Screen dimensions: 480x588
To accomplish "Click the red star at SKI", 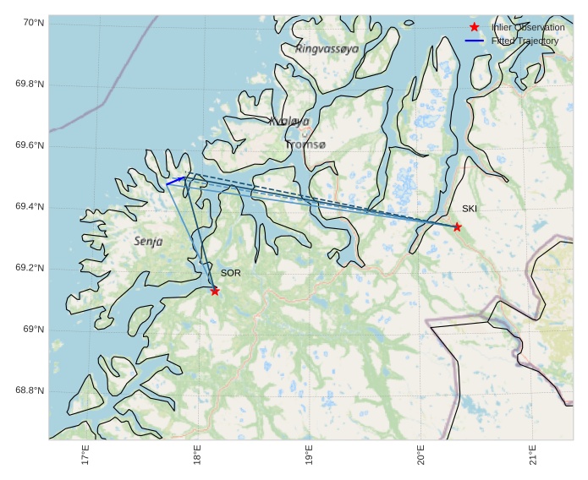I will click(x=457, y=226).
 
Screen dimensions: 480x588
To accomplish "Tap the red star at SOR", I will click(x=215, y=291).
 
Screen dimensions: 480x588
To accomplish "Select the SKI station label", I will click(x=470, y=209).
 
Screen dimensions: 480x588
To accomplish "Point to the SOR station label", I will click(x=230, y=273).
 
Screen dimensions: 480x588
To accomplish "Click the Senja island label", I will click(x=148, y=241).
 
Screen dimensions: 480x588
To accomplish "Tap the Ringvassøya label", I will click(x=327, y=49).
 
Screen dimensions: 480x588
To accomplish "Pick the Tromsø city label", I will click(x=305, y=145).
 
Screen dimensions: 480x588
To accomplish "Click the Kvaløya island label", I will click(x=289, y=122).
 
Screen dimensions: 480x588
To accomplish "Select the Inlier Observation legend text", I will click(x=528, y=28).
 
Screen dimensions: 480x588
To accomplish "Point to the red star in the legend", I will click(x=474, y=28).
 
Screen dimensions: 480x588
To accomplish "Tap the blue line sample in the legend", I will click(x=474, y=41).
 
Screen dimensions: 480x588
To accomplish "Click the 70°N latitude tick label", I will click(x=30, y=23).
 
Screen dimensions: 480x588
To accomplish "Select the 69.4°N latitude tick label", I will click(x=30, y=207).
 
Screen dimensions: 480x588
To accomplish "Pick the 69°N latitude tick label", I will click(x=33, y=330).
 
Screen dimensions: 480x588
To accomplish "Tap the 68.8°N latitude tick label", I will click(x=30, y=390).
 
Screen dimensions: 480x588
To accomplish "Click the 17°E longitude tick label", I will click(x=85, y=455).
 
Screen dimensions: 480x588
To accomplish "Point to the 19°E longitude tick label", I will click(x=309, y=455).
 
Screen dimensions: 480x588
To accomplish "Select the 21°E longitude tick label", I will click(x=532, y=455).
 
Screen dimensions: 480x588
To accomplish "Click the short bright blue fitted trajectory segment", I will click(x=175, y=181).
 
